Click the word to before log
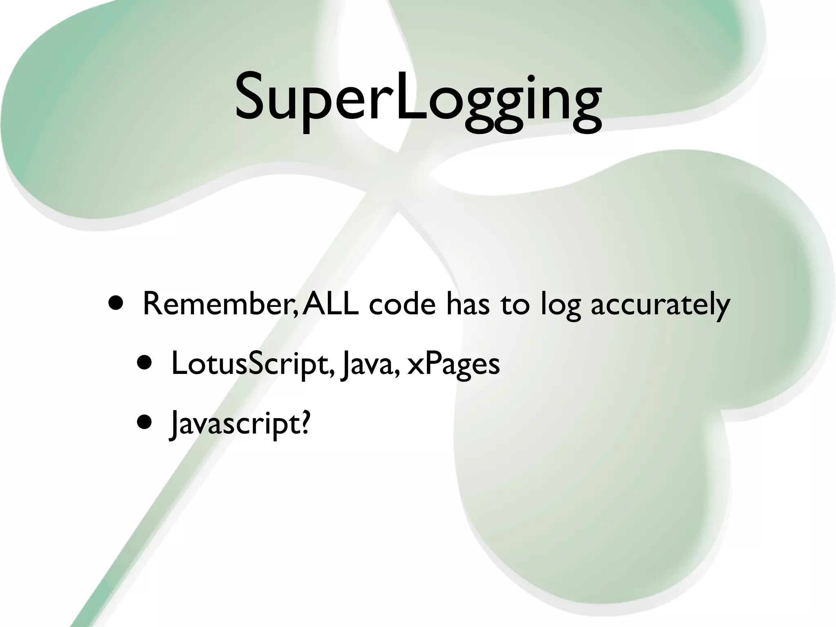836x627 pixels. pyautogui.click(x=515, y=305)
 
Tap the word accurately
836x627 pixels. pyautogui.click(x=660, y=305)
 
